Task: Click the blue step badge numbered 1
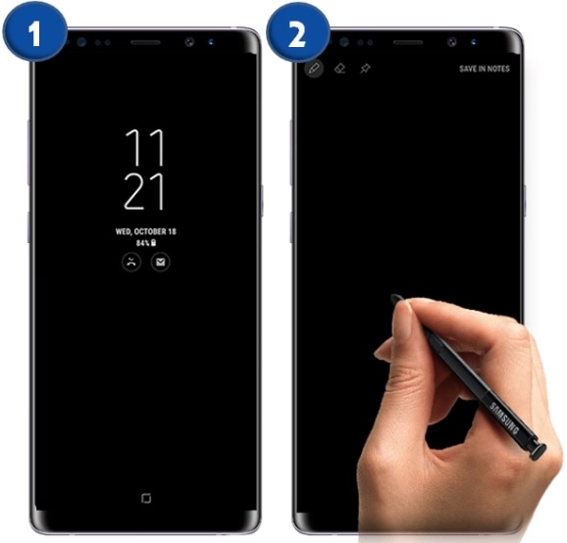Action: (34, 34)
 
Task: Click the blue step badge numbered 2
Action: (298, 34)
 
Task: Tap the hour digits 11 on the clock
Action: (144, 148)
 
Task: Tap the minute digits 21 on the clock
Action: (144, 191)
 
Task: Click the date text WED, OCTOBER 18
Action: (146, 231)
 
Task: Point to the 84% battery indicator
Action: (146, 243)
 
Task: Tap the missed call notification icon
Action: (131, 262)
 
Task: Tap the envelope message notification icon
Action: (160, 262)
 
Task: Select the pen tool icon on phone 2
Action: (314, 68)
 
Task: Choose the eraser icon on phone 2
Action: (340, 69)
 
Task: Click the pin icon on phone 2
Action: (365, 69)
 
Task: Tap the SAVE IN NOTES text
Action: (485, 69)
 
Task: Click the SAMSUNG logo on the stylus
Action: (504, 418)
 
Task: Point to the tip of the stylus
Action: (392, 296)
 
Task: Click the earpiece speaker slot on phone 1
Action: (145, 42)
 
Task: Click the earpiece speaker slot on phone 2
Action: (408, 42)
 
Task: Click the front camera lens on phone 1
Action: (189, 42)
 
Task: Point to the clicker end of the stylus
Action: (538, 452)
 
